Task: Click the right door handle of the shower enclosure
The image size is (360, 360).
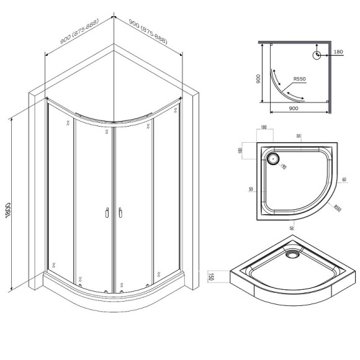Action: tap(119, 213)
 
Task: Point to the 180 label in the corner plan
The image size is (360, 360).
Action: tap(338, 53)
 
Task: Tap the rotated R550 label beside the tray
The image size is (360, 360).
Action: tap(336, 209)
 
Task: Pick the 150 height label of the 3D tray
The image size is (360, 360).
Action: tap(212, 277)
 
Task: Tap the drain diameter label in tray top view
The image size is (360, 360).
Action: tap(283, 166)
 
